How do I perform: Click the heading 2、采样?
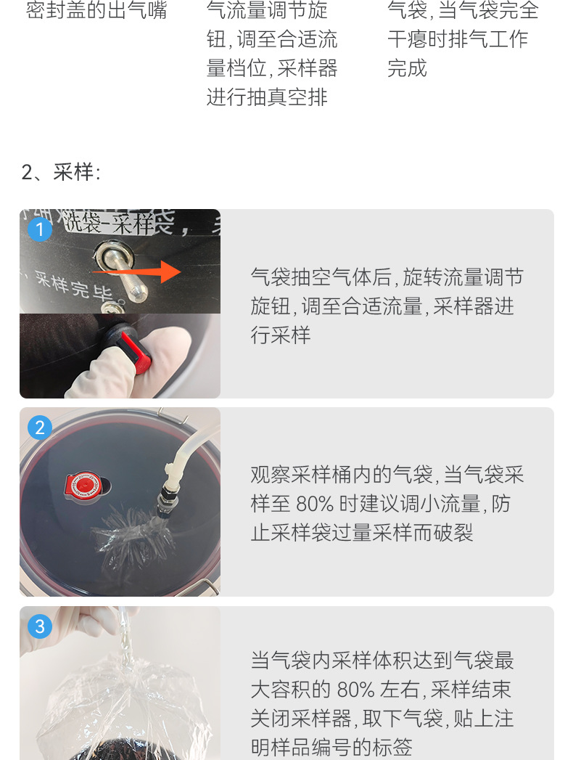pos(61,172)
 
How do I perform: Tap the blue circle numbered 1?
pos(39,229)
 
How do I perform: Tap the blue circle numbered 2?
pos(39,428)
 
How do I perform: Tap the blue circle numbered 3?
pos(39,626)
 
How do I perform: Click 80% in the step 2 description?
pos(317,504)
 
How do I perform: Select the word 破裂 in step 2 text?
pos(453,533)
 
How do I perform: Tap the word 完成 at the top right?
pos(407,68)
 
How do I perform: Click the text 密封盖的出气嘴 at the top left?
pos(96,10)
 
